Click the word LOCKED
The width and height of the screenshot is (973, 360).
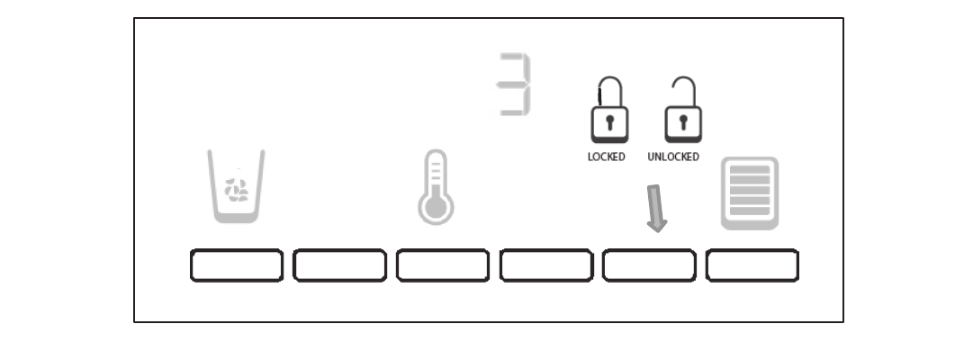pyautogui.click(x=606, y=157)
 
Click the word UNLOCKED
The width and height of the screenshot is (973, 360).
pyautogui.click(x=673, y=157)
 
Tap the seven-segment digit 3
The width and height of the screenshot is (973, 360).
pyautogui.click(x=515, y=84)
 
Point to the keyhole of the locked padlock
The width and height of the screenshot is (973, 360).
pyautogui.click(x=609, y=123)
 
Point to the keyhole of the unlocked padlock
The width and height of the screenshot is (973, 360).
pyautogui.click(x=683, y=123)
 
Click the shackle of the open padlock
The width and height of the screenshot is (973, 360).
pyautogui.click(x=685, y=90)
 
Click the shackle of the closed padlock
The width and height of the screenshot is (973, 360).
pyautogui.click(x=609, y=91)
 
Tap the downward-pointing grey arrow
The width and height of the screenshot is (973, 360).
pyautogui.click(x=657, y=207)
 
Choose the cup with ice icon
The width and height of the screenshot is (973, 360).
pyautogui.click(x=236, y=185)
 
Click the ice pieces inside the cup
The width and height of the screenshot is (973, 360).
pyautogui.click(x=238, y=189)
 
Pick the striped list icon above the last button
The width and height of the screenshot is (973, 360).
pyautogui.click(x=750, y=193)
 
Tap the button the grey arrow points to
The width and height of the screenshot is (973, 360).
pyautogui.click(x=649, y=265)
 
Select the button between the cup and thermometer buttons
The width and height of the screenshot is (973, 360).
pyautogui.click(x=339, y=265)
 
